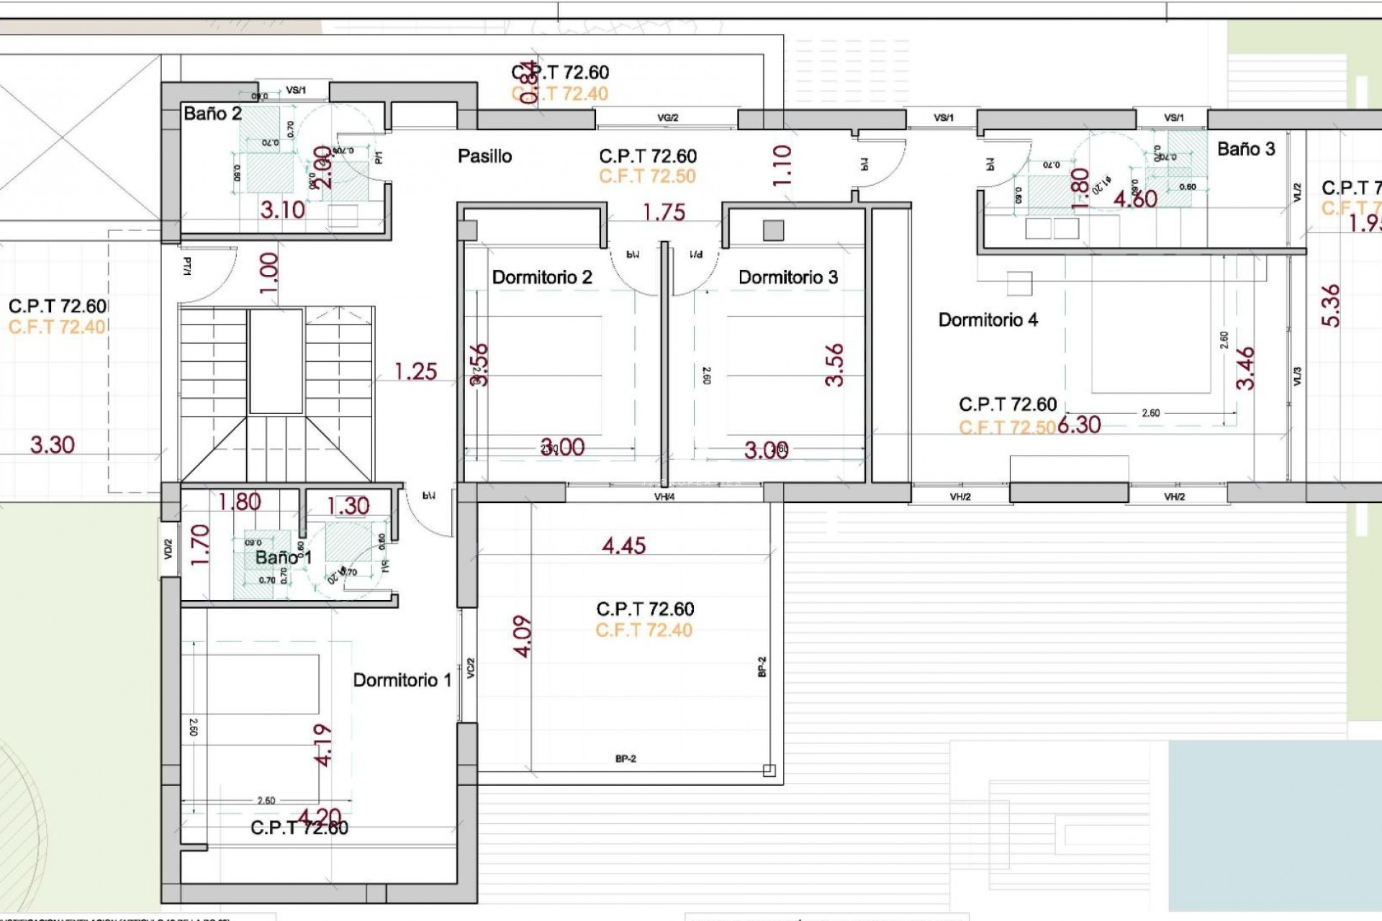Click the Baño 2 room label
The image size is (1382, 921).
point(212,114)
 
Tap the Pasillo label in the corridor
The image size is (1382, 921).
point(484,156)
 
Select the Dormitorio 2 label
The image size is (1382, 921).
point(541,278)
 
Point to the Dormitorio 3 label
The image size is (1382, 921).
point(788,278)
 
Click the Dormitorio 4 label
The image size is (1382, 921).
point(988,320)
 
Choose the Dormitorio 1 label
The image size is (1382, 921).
point(402,680)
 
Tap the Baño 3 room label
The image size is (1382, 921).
point(1246,149)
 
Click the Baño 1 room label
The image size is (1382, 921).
point(283,558)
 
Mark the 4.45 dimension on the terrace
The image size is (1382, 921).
point(623,546)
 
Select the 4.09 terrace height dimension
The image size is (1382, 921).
point(523,636)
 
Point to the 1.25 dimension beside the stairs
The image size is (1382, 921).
point(415,371)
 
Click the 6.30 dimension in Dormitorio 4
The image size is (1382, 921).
point(1080,425)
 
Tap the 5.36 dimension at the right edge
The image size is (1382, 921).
point(1332,306)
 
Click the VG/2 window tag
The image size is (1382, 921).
point(667,118)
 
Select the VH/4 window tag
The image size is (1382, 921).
point(664,496)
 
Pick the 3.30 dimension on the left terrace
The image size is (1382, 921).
point(52,445)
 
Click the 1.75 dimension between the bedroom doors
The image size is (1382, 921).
point(664,212)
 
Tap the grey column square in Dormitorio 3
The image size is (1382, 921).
point(773,230)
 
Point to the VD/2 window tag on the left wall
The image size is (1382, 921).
point(168,550)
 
